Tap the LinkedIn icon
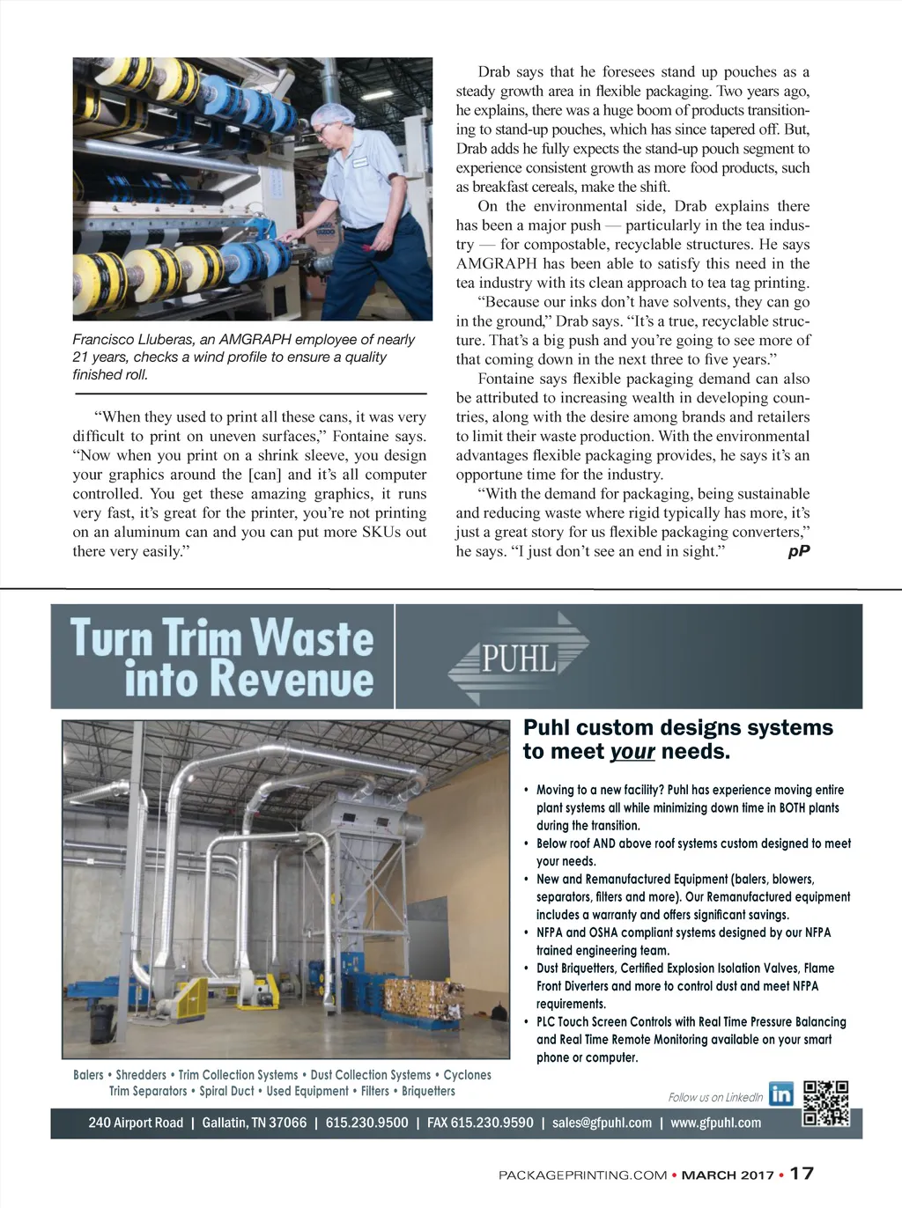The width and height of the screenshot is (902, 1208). [x=780, y=1094]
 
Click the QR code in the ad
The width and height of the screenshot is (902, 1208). [x=826, y=1103]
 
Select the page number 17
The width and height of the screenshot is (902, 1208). [x=802, y=1173]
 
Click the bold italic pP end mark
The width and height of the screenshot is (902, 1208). [x=798, y=551]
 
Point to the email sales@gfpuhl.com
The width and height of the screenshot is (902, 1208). [x=602, y=1123]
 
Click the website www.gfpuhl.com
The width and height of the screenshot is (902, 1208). [x=715, y=1123]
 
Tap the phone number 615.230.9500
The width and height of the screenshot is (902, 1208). [x=366, y=1123]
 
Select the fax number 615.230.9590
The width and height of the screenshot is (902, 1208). [x=480, y=1123]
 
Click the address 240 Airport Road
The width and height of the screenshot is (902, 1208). [x=136, y=1123]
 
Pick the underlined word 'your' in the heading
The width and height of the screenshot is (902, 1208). [x=632, y=752]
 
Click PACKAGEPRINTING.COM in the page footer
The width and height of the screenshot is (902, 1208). [x=582, y=1175]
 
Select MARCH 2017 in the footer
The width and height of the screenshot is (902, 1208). [x=728, y=1175]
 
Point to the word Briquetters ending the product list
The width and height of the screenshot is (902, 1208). [x=428, y=1091]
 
